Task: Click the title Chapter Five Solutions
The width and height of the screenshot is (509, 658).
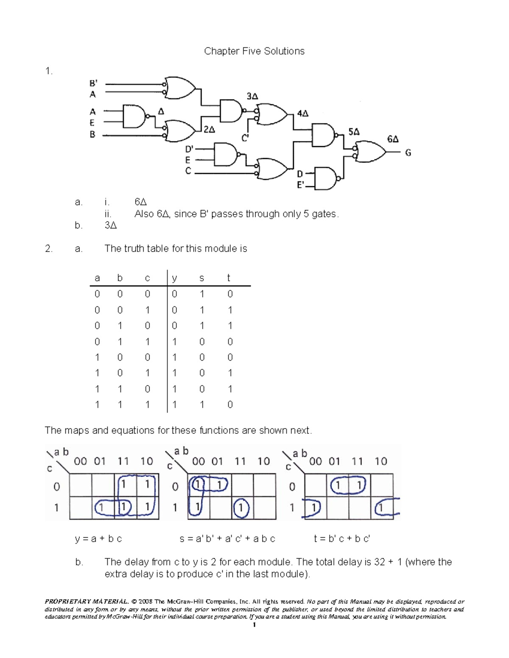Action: click(254, 51)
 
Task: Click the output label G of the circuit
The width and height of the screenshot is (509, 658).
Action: click(408, 153)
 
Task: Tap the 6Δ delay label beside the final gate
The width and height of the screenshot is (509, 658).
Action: click(393, 139)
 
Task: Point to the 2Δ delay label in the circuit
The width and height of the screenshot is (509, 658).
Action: click(209, 130)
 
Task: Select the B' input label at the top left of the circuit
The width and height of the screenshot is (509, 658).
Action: click(93, 83)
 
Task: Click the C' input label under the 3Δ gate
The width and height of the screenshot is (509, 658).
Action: click(245, 138)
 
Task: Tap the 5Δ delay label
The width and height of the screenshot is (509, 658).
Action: click(354, 132)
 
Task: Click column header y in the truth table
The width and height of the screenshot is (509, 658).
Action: click(174, 278)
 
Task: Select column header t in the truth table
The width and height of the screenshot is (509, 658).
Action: click(229, 278)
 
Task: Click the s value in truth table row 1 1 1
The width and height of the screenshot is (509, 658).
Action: click(202, 405)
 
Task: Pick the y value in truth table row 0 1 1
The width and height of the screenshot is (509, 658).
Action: click(174, 341)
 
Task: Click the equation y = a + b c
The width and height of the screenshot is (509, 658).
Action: click(98, 539)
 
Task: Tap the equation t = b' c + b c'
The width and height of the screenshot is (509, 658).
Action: click(342, 539)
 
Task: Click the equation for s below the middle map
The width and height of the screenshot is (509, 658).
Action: click(227, 539)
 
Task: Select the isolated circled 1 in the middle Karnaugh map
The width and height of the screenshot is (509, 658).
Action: click(241, 508)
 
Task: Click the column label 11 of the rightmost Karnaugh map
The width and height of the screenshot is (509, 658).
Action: click(357, 461)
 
